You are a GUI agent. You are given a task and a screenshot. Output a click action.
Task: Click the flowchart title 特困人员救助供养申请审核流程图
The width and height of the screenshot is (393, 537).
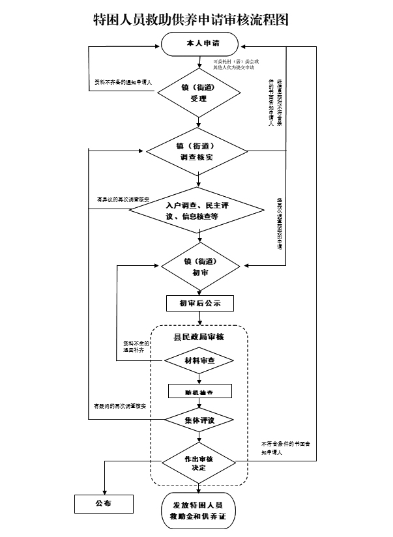tap(191, 20)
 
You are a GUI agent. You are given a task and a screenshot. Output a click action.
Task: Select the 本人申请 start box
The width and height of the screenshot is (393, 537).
tap(199, 43)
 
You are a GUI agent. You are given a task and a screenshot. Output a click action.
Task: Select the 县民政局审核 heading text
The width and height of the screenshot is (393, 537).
tap(199, 337)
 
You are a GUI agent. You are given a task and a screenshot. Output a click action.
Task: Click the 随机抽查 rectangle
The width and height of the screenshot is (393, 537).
tap(199, 392)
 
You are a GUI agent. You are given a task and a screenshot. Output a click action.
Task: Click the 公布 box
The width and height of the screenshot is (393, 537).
tap(102, 504)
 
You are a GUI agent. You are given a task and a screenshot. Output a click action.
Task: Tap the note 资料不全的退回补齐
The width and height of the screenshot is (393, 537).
tap(137, 347)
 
